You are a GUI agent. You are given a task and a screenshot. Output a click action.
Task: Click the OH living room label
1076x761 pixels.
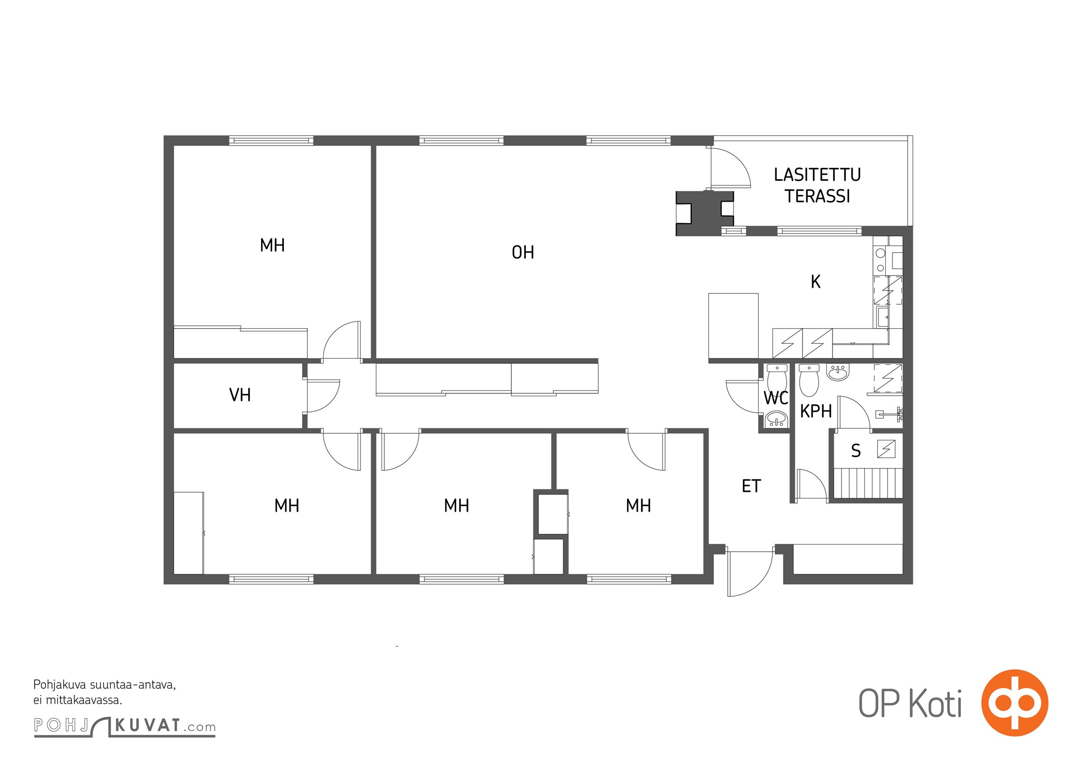(523, 253)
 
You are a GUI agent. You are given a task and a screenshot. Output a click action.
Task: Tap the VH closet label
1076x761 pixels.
(240, 395)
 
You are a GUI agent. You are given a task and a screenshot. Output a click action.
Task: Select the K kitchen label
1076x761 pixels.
(815, 282)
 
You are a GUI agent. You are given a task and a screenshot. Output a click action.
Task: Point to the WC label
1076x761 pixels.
(776, 398)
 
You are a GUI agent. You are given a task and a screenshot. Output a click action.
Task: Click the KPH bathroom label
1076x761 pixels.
(816, 411)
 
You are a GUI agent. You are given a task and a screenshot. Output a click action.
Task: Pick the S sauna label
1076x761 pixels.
(856, 451)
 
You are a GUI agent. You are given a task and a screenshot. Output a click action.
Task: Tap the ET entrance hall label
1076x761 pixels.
(752, 486)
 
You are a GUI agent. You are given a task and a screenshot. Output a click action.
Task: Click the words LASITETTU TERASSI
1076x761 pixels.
(817, 185)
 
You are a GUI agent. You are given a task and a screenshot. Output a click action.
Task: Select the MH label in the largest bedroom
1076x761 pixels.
(272, 245)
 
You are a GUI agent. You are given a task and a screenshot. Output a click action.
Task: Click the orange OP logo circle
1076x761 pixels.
(1015, 703)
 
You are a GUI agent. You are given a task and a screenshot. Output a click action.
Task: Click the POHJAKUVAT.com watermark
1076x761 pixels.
(125, 726)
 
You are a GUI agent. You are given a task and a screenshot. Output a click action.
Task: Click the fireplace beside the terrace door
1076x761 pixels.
(705, 213)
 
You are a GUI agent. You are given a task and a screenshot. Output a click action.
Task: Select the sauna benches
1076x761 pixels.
(869, 483)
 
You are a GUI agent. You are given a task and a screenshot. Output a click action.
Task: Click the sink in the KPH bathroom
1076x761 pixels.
(837, 372)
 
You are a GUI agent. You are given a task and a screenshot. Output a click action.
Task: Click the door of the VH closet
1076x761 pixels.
(323, 396)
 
